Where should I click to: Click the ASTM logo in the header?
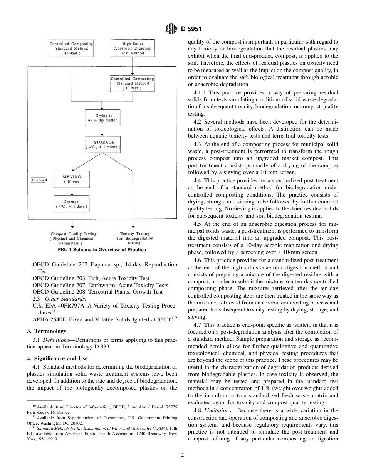point(171,29)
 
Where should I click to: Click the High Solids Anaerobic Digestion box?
point(133,49)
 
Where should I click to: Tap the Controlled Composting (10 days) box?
point(132,83)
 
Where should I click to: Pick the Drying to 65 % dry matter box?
point(102,118)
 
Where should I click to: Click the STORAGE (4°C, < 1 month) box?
point(102,145)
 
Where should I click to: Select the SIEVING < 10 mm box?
point(72,180)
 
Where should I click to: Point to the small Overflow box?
point(38,180)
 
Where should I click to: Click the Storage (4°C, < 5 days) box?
point(71,204)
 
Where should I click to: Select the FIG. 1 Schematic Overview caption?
point(102,250)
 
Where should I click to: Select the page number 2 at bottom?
point(183,455)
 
